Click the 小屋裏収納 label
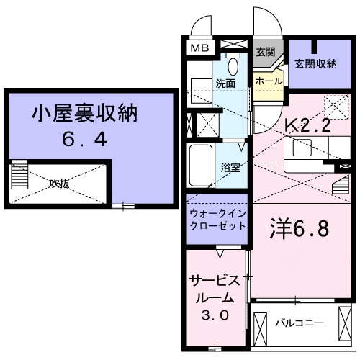(x=84, y=113)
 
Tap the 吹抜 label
(x=59, y=184)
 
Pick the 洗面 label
(x=225, y=83)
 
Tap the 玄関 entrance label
(x=265, y=52)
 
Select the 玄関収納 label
(x=315, y=64)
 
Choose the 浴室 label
(x=230, y=168)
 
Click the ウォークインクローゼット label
(x=217, y=220)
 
